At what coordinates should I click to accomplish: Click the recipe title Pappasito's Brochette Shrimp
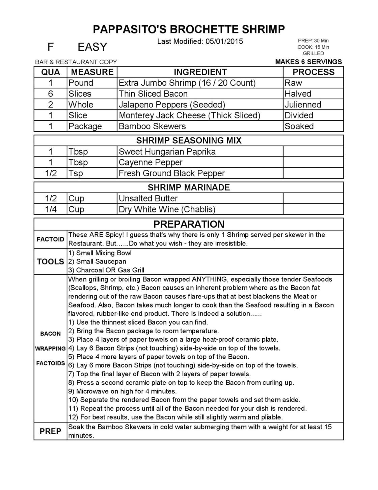[189, 29]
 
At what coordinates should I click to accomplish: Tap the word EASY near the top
[92, 47]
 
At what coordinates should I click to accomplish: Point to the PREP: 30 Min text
[313, 41]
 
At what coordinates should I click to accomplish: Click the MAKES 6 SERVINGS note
[308, 62]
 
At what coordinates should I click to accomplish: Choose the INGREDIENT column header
[200, 72]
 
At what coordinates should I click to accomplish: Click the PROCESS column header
[313, 72]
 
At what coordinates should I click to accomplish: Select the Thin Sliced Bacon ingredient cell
[153, 94]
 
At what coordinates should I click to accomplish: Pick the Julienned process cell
[303, 104]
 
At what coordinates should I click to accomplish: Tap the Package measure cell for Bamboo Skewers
[85, 126]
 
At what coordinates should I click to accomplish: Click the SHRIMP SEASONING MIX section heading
[189, 140]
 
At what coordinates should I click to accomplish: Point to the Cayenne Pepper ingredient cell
[151, 162]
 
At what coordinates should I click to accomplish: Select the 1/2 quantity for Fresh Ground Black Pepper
[51, 173]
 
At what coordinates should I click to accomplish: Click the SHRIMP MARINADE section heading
[189, 187]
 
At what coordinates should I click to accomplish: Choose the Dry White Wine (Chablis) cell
[167, 209]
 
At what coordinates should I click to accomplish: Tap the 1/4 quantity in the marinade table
[51, 209]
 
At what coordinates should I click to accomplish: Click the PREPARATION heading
[189, 224]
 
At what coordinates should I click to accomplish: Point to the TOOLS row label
[50, 262]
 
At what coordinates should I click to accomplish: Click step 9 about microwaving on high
[123, 391]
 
